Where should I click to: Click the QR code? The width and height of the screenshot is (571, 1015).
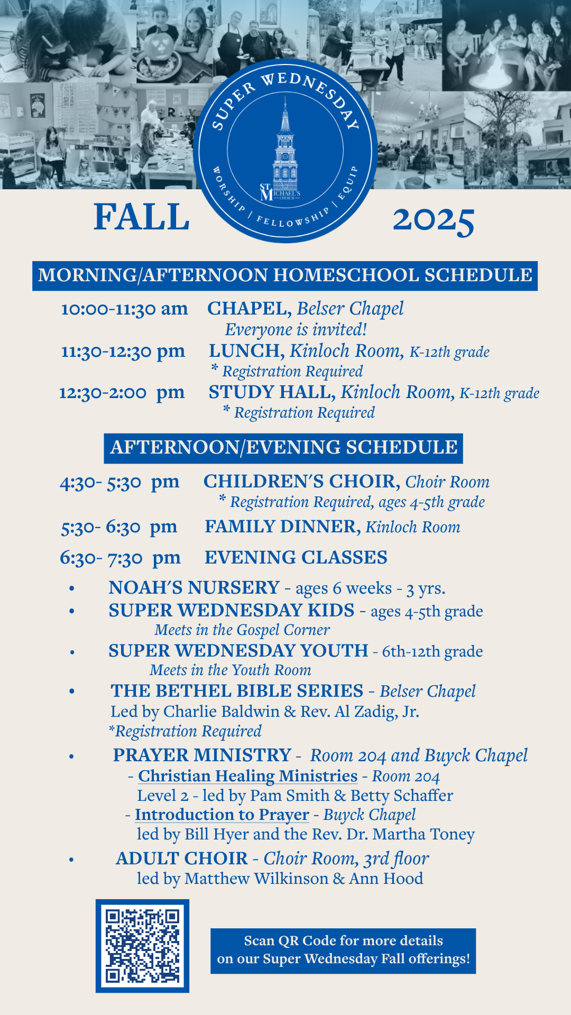point(142,946)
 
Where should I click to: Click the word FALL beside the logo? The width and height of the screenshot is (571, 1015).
point(141,217)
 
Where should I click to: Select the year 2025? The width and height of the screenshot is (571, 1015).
point(433,219)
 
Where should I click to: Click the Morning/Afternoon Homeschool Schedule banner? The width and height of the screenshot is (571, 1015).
point(285,275)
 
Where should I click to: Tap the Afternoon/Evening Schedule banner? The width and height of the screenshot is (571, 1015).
point(283,448)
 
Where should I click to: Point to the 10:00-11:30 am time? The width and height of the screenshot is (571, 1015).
point(124,309)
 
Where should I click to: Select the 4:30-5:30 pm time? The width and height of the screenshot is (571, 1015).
point(119,482)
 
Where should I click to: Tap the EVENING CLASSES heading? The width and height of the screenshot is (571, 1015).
point(296,558)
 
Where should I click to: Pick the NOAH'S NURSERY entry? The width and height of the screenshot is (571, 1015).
point(194,588)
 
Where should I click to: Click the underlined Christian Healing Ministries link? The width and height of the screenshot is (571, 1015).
point(248,776)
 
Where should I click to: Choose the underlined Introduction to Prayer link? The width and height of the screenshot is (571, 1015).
point(222,815)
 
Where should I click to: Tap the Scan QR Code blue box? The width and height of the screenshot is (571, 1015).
point(343,951)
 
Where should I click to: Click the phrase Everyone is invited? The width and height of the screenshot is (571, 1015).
point(296,330)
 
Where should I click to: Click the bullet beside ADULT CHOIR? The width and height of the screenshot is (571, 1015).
point(71,860)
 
